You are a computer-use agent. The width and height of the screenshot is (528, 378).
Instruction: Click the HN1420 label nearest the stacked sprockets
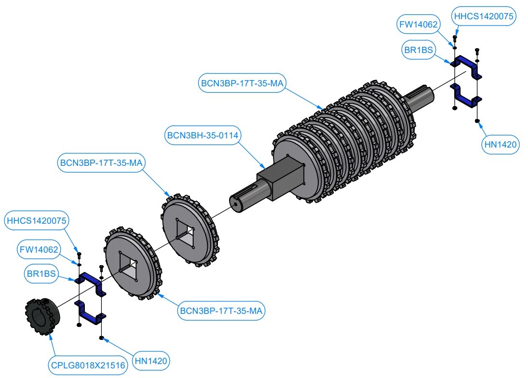[501, 144]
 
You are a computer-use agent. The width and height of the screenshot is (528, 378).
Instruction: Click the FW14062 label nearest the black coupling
[39, 250]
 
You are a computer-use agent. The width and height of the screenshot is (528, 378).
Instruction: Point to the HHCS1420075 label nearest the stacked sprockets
[484, 16]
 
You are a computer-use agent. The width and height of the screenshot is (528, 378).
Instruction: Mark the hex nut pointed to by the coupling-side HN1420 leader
[102, 337]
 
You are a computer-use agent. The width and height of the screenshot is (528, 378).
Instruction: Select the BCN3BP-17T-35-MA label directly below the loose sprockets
[221, 311]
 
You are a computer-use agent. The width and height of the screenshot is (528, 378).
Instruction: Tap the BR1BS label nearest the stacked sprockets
[418, 49]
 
